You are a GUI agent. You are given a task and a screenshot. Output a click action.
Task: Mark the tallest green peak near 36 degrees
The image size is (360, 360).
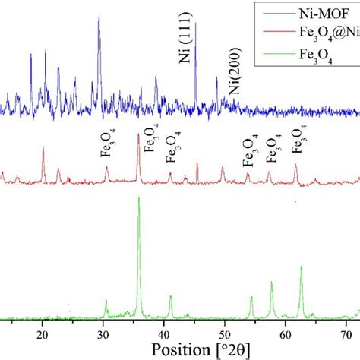138,199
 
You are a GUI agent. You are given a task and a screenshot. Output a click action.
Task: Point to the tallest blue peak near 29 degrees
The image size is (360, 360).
99,18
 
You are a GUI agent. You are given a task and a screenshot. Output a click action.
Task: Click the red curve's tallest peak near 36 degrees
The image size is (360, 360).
137,135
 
